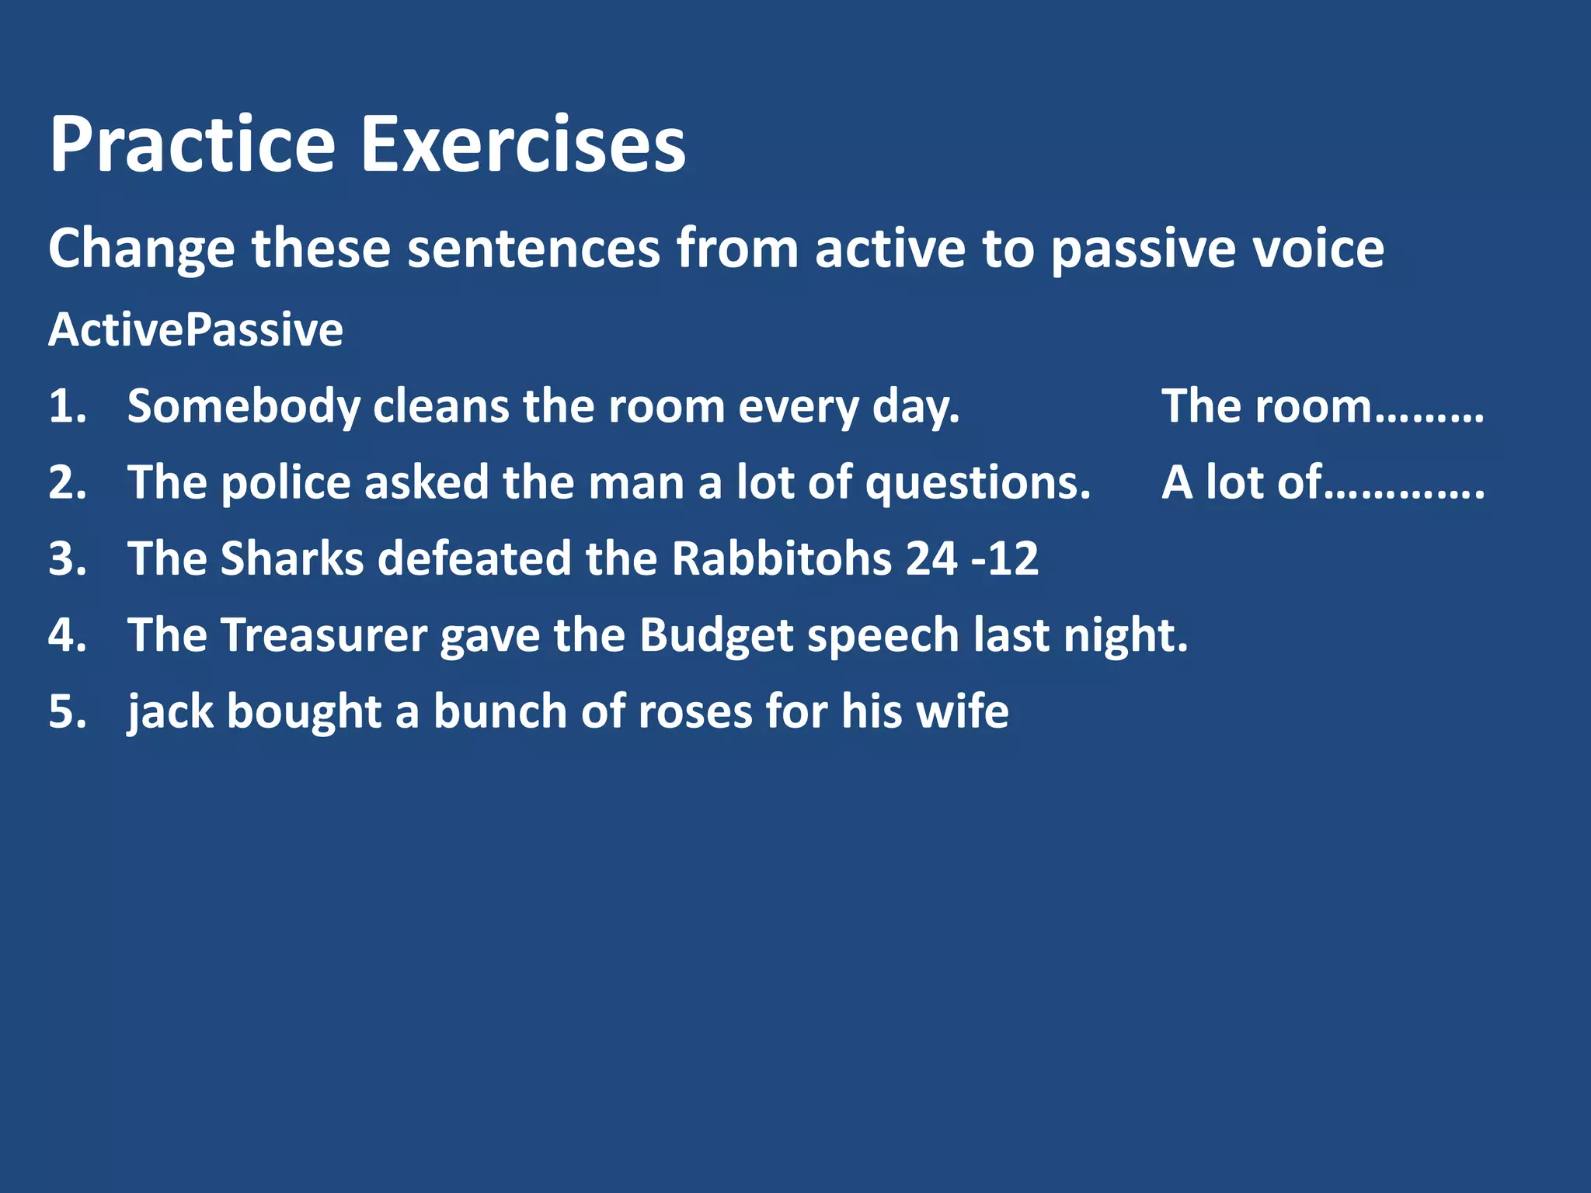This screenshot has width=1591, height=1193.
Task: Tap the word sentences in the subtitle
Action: (533, 249)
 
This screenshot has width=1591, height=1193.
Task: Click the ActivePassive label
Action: (195, 330)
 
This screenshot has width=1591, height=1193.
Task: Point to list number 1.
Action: (67, 406)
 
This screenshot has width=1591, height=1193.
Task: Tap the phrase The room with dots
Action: (1322, 406)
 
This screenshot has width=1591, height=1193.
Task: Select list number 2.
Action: (67, 482)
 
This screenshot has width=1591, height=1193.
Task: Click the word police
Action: (285, 482)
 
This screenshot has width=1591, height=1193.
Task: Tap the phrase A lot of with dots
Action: (1322, 482)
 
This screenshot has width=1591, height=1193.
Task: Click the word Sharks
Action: (292, 558)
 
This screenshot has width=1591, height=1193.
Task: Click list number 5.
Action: (67, 711)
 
